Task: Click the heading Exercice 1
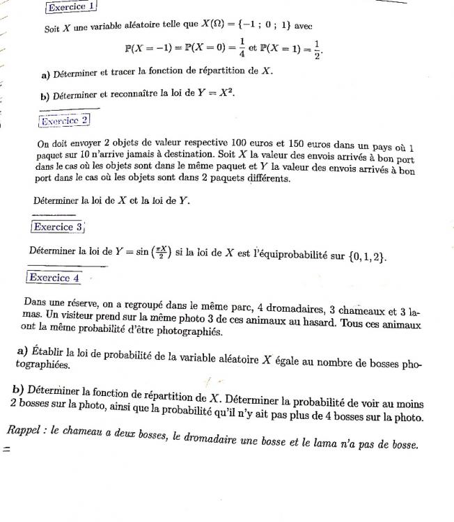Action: point(70,6)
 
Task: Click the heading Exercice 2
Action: point(65,120)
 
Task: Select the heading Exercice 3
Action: point(58,227)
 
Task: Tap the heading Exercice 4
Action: point(54,278)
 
